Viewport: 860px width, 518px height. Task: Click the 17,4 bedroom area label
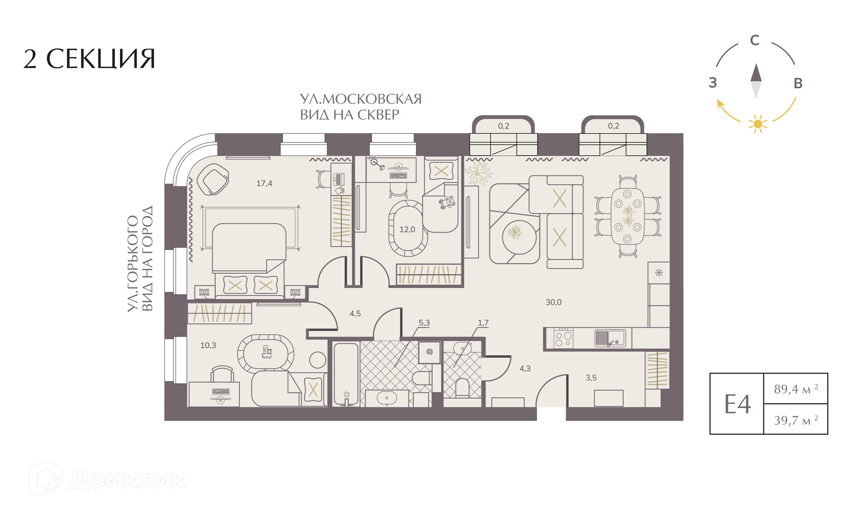pos(264,183)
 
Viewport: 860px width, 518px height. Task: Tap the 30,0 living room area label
pos(554,302)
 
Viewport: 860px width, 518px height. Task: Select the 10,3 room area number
pos(208,345)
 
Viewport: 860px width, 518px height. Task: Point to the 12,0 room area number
pos(407,229)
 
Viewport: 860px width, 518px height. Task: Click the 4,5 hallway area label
pos(355,314)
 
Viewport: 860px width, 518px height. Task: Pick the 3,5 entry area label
pos(591,378)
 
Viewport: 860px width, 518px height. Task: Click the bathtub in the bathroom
pos(346,375)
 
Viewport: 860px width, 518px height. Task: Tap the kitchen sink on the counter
pos(610,338)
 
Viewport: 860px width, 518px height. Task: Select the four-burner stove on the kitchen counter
pos(563,338)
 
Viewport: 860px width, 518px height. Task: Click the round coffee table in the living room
pos(520,237)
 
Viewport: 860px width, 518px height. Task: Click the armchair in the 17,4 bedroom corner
pos(213,179)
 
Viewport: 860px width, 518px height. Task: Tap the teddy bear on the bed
pos(446,203)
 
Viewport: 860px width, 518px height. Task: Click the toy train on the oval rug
pos(267,352)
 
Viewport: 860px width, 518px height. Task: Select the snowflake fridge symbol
pos(659,272)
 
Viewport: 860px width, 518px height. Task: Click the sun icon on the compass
pos(758,124)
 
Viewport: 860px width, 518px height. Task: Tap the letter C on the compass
pos(755,40)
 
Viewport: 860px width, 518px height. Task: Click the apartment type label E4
pos(737,404)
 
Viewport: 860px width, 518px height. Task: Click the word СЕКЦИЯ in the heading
pos(101,59)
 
